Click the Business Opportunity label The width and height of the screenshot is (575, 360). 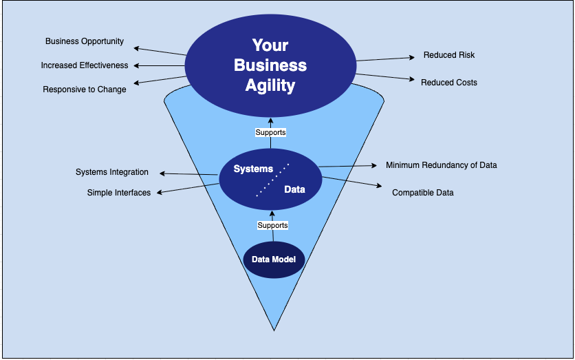(85, 41)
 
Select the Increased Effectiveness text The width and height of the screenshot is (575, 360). (85, 65)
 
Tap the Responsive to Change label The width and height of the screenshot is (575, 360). (85, 89)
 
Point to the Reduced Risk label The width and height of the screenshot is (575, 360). (449, 55)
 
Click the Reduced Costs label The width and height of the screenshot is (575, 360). (449, 83)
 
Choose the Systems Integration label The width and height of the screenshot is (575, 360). (112, 172)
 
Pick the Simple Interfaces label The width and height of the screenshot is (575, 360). (119, 193)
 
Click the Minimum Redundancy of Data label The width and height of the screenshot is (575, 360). (442, 165)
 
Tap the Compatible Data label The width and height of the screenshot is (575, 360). (423, 193)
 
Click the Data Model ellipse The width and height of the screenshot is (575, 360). (273, 260)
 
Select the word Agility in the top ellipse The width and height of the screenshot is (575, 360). (270, 86)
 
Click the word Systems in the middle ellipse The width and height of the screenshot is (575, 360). (253, 169)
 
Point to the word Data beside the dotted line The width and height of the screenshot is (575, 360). (294, 189)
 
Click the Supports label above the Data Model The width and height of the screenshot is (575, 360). (272, 225)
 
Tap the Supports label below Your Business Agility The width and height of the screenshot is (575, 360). (270, 132)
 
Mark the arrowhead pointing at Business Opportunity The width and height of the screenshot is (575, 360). (136, 47)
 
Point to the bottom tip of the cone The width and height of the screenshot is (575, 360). (274, 330)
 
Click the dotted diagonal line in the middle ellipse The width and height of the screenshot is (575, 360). (272, 180)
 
